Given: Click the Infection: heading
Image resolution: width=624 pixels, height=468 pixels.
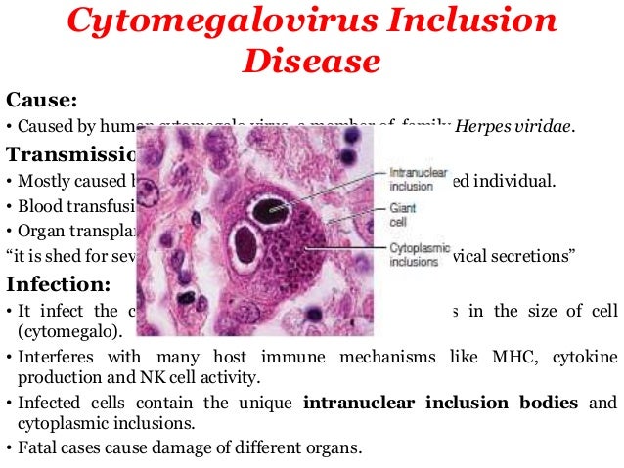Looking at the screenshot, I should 56,285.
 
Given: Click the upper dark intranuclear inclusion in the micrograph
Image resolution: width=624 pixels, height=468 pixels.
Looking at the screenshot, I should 266,208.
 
